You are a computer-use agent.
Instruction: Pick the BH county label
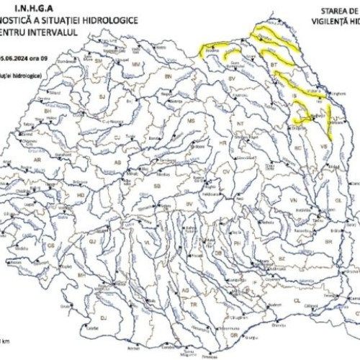click(48, 112)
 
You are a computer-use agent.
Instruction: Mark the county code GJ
click(92, 243)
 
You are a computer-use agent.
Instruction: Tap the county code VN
click(293, 198)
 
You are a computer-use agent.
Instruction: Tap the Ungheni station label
click(333, 93)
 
